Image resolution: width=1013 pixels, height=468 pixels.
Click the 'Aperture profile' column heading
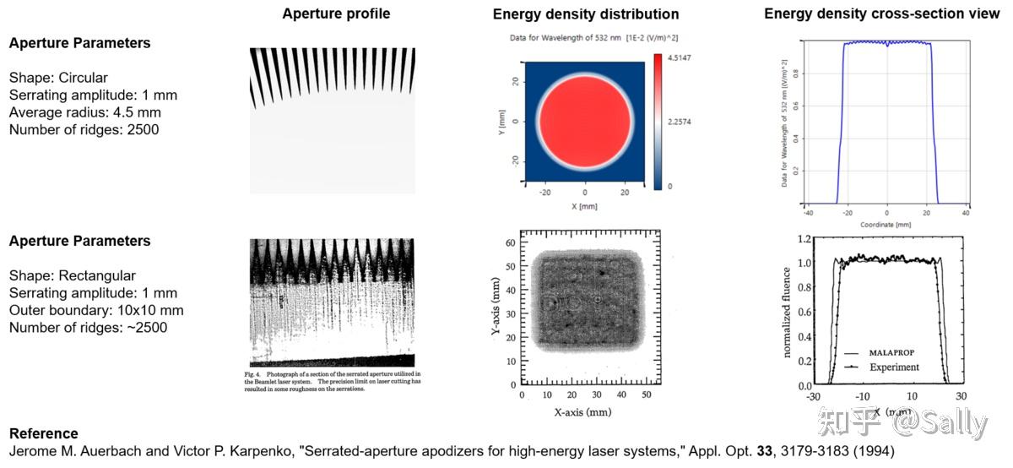pyautogui.click(x=336, y=14)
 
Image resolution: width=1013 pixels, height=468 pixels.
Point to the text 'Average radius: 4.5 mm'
pyautogui.click(x=85, y=112)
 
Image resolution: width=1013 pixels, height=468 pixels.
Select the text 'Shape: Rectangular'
pyautogui.click(x=73, y=275)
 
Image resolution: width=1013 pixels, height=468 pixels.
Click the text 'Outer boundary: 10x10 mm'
pyautogui.click(x=96, y=310)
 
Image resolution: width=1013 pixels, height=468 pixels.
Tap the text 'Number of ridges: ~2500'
pyautogui.click(x=88, y=327)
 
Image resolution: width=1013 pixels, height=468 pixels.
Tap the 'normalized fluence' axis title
pyautogui.click(x=787, y=310)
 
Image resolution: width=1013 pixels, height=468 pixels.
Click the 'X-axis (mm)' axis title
pyautogui.click(x=582, y=412)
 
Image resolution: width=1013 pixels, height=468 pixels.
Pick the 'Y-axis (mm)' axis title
pyautogui.click(x=497, y=309)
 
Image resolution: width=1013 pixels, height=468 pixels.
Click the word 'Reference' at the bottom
pyautogui.click(x=44, y=433)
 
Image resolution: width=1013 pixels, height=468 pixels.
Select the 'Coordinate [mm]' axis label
pyautogui.click(x=886, y=224)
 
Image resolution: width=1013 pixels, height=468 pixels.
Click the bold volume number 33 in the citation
pyautogui.click(x=765, y=451)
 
